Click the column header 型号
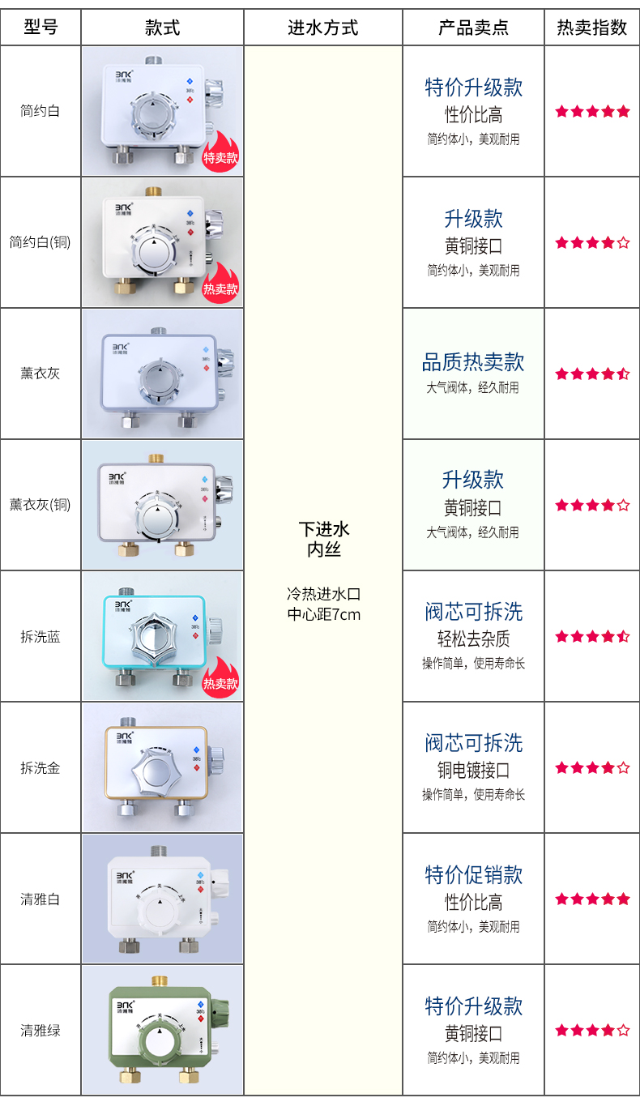point(41,28)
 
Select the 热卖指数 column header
point(591,28)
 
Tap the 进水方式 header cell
point(322,28)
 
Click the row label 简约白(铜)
point(41,242)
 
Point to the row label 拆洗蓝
point(41,637)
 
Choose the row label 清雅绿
point(41,1031)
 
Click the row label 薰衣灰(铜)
point(41,505)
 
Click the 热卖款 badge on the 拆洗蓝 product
point(220,680)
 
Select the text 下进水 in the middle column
point(323,530)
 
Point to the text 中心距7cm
point(323,614)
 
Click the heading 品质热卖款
point(473,362)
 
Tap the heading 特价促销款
point(473,875)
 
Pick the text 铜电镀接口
point(473,770)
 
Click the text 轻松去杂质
point(473,639)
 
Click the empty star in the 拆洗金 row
point(623,767)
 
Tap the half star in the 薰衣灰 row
point(623,374)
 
